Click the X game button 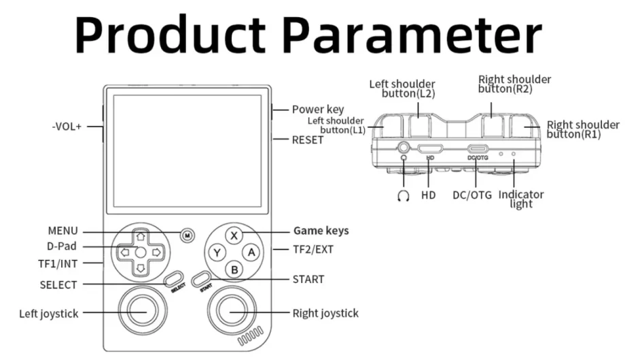pos(234,235)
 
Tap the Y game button pos(217,252)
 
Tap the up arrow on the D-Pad pos(140,237)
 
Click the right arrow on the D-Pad pos(156,252)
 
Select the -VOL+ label pos(67,127)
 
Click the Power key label pos(318,110)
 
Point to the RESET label pos(308,140)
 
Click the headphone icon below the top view pos(404,195)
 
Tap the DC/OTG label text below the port pos(472,195)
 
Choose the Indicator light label pos(521,199)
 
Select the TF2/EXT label pos(315,250)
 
